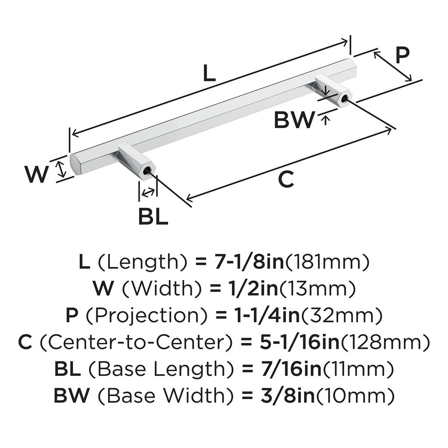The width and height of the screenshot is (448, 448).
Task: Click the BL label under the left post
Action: (x=153, y=216)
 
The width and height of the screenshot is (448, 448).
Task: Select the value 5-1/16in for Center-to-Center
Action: (x=294, y=342)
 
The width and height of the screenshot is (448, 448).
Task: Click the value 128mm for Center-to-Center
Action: (x=384, y=342)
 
